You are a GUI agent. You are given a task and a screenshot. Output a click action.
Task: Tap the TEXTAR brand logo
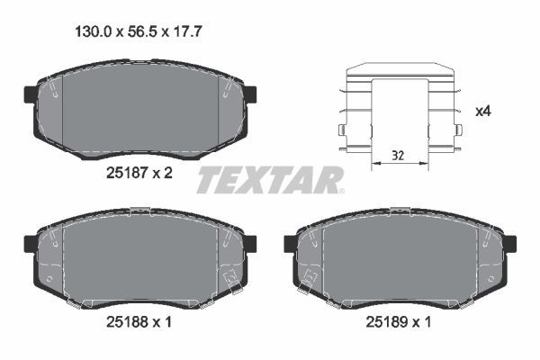pyautogui.click(x=270, y=180)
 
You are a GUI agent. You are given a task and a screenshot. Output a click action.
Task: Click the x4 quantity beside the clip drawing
pyautogui.click(x=482, y=112)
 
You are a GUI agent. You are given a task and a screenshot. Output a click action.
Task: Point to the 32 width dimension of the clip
pyautogui.click(x=397, y=156)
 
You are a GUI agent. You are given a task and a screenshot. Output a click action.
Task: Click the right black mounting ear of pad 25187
pyautogui.click(x=251, y=94)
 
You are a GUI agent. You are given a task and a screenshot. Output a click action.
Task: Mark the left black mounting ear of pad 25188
pyautogui.click(x=29, y=243)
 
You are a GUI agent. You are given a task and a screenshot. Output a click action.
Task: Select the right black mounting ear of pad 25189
pyautogui.click(x=510, y=243)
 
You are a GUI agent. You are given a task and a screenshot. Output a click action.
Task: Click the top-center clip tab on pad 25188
pyautogui.click(x=139, y=211)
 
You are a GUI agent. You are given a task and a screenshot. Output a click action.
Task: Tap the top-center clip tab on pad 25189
pyautogui.click(x=400, y=211)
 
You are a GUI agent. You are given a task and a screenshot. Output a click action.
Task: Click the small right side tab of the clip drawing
pyautogui.click(x=458, y=131)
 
